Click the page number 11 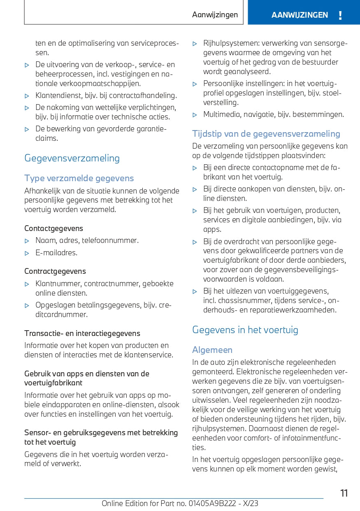click(344, 493)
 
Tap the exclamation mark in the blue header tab click(340, 16)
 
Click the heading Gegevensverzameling click(72, 158)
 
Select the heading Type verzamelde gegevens click(79, 178)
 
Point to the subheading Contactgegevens click(53, 228)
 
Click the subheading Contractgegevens click(55, 271)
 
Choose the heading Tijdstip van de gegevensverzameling click(266, 133)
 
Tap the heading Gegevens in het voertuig click(245, 329)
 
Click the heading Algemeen click(212, 350)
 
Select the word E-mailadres click(56, 252)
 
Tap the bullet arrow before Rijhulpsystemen click(195, 43)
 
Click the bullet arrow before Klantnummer click(27, 284)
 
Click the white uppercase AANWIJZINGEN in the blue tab click(300, 15)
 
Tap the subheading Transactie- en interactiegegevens click(82, 333)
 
